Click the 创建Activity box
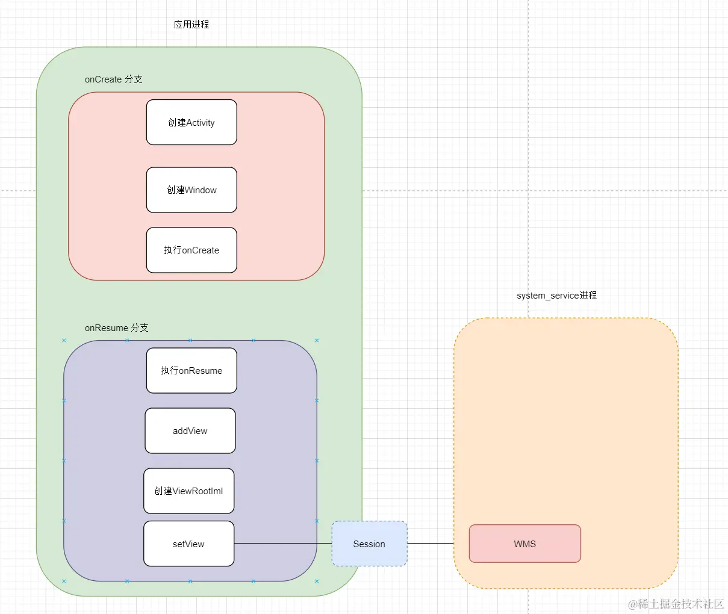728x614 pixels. click(x=191, y=122)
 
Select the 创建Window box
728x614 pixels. click(x=191, y=190)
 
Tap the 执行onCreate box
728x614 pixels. click(x=191, y=250)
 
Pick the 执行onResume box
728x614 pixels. click(x=191, y=370)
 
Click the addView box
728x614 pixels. click(x=190, y=430)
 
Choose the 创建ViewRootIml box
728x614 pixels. click(x=188, y=491)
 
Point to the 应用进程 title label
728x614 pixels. click(x=191, y=25)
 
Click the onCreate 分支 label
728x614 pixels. click(x=114, y=79)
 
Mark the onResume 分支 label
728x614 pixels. click(x=117, y=328)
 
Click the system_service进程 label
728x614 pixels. click(x=556, y=296)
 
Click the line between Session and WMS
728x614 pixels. click(x=431, y=544)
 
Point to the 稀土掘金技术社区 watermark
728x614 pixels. click(x=676, y=604)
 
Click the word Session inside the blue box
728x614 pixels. click(x=369, y=544)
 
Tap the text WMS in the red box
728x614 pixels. click(x=524, y=544)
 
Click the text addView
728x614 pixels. click(x=190, y=431)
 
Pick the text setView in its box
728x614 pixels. click(x=188, y=544)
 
